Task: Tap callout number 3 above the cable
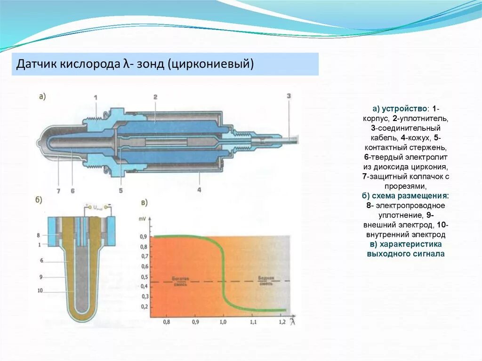(x=289, y=96)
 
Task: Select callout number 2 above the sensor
(x=155, y=96)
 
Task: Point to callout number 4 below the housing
(x=200, y=190)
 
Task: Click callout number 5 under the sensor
(x=120, y=191)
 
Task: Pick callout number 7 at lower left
(x=58, y=191)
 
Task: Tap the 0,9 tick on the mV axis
(x=144, y=236)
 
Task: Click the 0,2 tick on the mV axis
(x=144, y=307)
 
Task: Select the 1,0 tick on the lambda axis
(x=223, y=322)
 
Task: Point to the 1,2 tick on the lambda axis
(x=282, y=322)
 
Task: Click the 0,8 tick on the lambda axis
(x=166, y=322)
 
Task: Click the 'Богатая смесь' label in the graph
(x=181, y=281)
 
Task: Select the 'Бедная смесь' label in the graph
(x=266, y=281)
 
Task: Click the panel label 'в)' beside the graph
(x=145, y=203)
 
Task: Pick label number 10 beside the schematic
(x=40, y=290)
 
